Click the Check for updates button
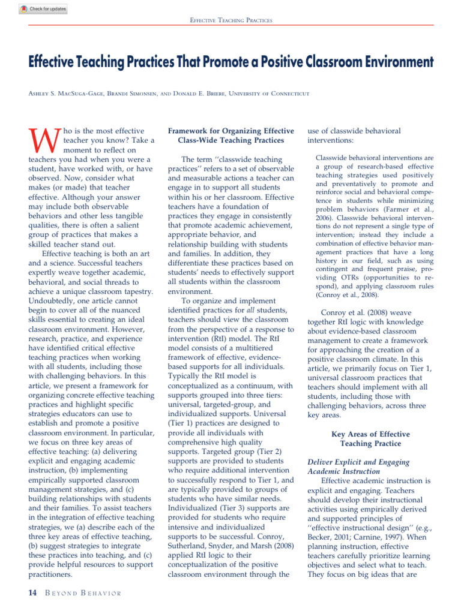point(43,9)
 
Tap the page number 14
point(32,593)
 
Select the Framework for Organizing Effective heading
point(231,131)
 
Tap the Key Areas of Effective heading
point(370,434)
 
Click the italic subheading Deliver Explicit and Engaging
point(358,462)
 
